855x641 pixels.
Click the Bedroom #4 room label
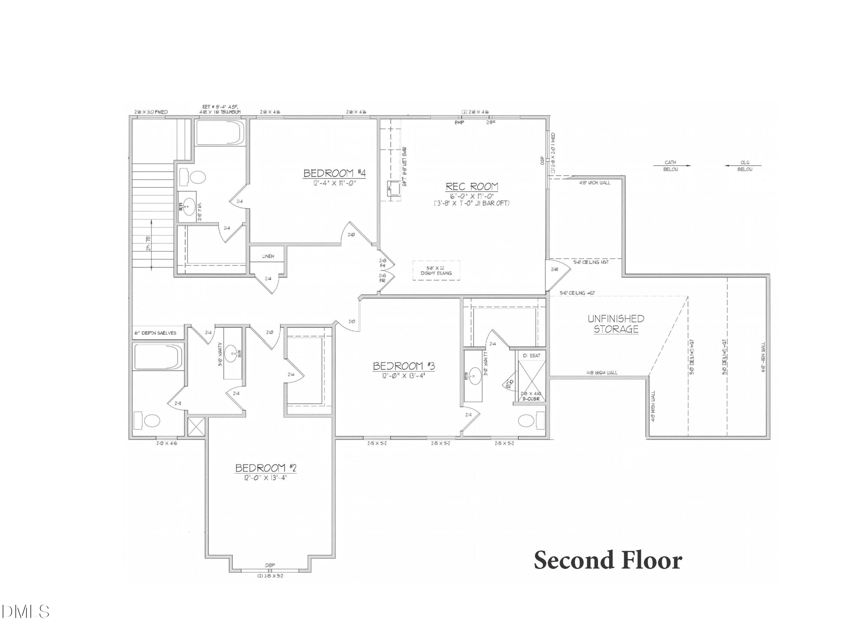click(x=334, y=173)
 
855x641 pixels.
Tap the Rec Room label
click(x=472, y=187)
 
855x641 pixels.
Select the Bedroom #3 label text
click(x=404, y=366)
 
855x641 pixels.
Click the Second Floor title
click(x=608, y=561)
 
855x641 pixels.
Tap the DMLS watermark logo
click(x=25, y=612)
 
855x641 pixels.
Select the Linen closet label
click(x=268, y=256)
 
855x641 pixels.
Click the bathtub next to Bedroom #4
click(x=219, y=132)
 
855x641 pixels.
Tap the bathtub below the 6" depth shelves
click(x=158, y=357)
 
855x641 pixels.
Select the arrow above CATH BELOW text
click(x=672, y=166)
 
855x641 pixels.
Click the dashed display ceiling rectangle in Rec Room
click(x=436, y=270)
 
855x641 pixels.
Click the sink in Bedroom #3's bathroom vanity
click(x=473, y=377)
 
